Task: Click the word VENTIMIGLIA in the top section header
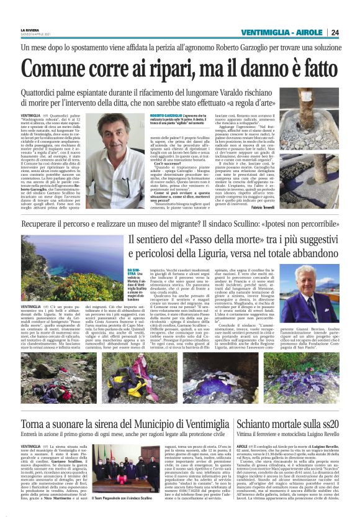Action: point(266,32)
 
